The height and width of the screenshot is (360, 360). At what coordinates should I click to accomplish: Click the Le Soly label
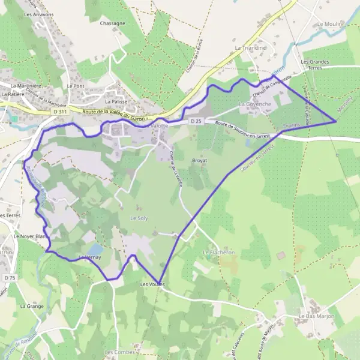click(x=139, y=218)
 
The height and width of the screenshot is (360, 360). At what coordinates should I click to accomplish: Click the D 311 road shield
click(x=59, y=112)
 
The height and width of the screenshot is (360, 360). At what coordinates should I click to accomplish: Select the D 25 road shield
click(x=194, y=122)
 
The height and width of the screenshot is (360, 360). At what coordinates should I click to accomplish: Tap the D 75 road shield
click(x=9, y=278)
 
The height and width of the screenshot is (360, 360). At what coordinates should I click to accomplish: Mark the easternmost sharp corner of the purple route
click(x=336, y=121)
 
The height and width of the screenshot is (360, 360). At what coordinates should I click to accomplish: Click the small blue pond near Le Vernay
click(x=95, y=248)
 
